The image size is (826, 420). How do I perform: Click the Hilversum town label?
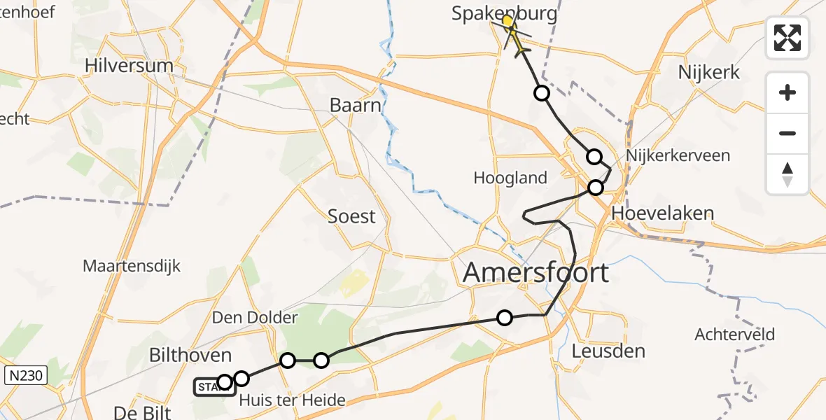[x=128, y=66]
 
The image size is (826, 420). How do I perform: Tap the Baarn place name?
[x=356, y=106]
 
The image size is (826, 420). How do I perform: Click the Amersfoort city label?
[x=536, y=272]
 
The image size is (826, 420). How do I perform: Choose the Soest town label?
[x=351, y=216]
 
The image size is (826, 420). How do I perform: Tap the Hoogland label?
[x=510, y=178]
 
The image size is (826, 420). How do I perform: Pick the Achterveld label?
[x=734, y=335]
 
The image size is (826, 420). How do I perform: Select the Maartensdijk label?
[x=132, y=266]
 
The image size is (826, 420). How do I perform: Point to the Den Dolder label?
[x=255, y=318]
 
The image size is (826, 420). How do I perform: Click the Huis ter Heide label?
[x=292, y=401]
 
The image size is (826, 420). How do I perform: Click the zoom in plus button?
[x=787, y=92]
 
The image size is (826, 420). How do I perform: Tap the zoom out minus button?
[x=787, y=133]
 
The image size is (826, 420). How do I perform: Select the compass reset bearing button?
[x=787, y=174]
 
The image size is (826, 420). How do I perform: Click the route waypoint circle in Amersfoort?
[x=504, y=318]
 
